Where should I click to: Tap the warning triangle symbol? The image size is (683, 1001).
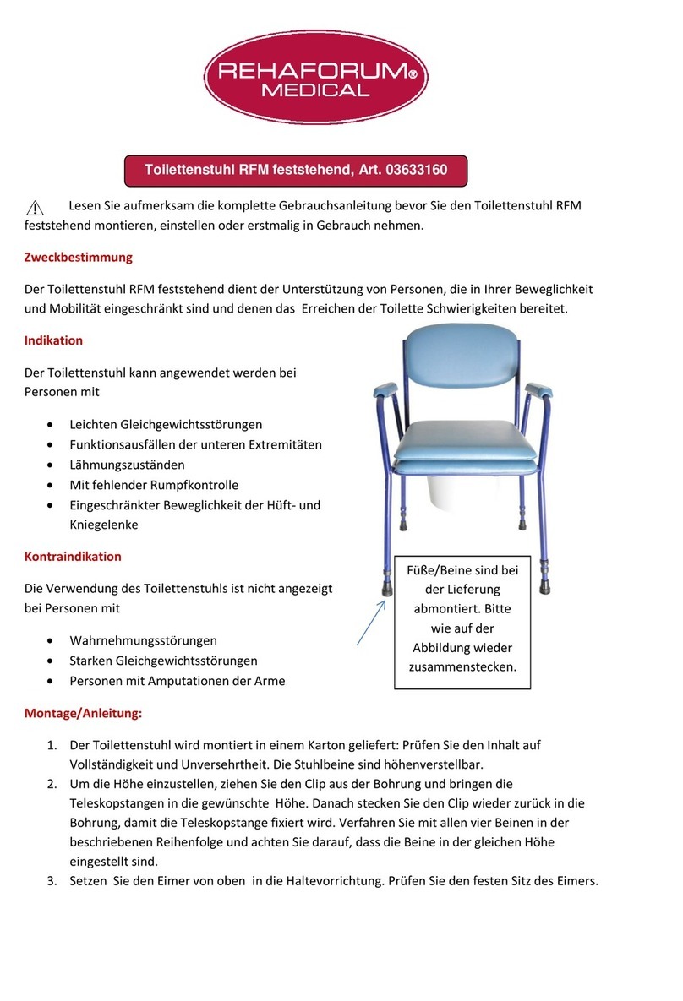[x=35, y=209]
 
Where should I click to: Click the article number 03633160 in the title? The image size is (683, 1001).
[x=416, y=170]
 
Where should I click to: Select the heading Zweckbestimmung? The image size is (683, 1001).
[x=78, y=257]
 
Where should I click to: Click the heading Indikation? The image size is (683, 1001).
[x=53, y=340]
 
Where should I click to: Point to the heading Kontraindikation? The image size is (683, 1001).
[x=73, y=557]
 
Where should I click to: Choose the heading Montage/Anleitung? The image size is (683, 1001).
[x=84, y=713]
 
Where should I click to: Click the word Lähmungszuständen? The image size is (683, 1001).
[x=127, y=465]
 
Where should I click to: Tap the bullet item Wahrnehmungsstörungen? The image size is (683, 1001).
[x=143, y=640]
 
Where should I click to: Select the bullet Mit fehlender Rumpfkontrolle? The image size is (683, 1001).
[x=154, y=485]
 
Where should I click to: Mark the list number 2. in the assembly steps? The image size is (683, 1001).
[x=52, y=784]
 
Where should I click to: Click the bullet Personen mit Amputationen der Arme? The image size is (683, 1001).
[x=178, y=681]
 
